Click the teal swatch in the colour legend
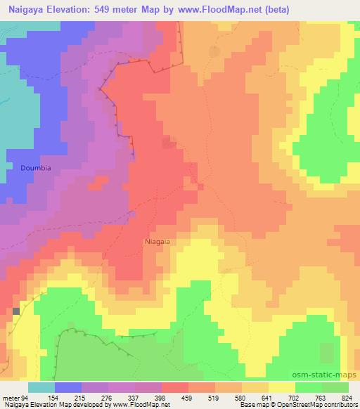point(41,387)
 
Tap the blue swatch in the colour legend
point(68,387)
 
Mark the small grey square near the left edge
point(16,310)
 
